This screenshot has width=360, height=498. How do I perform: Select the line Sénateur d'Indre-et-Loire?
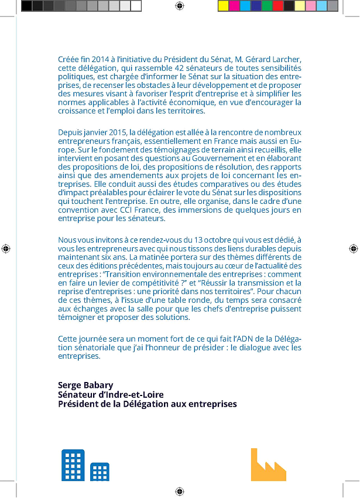111,394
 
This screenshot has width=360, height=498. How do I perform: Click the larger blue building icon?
73,465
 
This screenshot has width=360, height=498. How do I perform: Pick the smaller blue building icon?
100,472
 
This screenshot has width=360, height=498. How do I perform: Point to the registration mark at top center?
180,6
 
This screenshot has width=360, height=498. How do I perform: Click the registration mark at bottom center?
180,490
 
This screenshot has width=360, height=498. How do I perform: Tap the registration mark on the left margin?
6,248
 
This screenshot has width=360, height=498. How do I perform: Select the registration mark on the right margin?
354,248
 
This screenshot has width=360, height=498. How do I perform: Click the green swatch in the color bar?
266,6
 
